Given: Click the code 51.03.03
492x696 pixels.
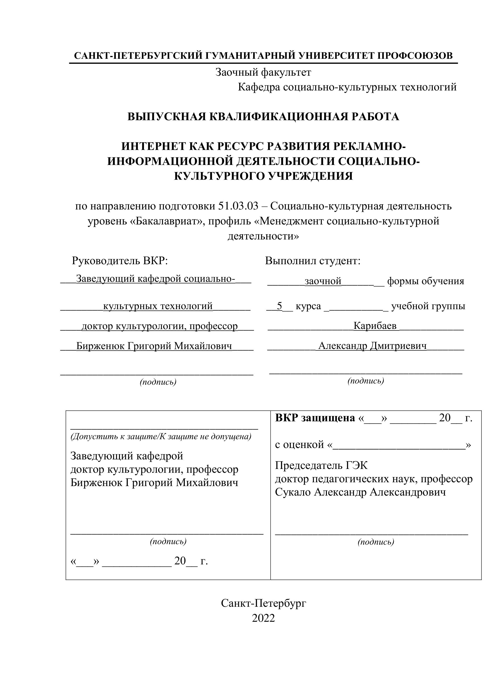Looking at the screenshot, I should click(x=238, y=206).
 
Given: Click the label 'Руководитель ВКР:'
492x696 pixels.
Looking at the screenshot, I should click(x=120, y=261).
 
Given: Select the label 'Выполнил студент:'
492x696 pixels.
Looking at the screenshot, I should click(x=313, y=261).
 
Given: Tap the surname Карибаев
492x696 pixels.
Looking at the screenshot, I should click(x=375, y=326).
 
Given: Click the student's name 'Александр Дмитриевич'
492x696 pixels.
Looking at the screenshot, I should click(x=372, y=346).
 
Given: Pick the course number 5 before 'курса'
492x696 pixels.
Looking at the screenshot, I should click(x=279, y=306).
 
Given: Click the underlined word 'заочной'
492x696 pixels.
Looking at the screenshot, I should click(x=323, y=281).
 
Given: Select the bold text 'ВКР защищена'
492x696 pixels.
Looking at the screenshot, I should click(x=315, y=418).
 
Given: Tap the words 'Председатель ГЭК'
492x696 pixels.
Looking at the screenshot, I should click(x=321, y=465).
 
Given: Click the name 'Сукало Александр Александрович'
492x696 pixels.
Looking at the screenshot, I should click(x=360, y=492).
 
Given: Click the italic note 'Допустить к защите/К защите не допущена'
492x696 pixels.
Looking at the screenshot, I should click(x=161, y=437).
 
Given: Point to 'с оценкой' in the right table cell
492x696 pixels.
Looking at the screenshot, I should click(x=299, y=445).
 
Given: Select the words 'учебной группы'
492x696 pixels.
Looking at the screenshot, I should click(x=428, y=306).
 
